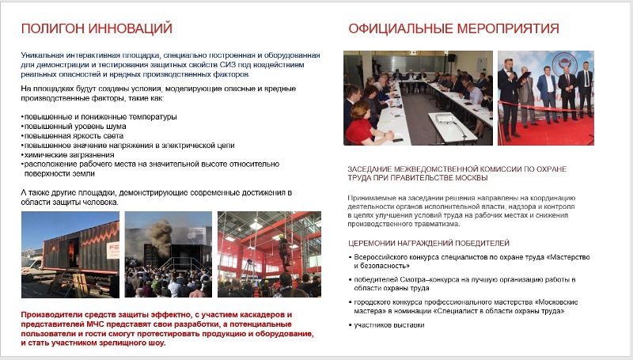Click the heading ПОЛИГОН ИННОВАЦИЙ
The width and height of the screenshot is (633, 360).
pyautogui.click(x=97, y=29)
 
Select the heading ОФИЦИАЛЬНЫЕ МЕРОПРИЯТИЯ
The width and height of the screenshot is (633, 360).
pyautogui.click(x=453, y=29)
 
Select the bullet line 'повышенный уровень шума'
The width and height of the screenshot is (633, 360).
pyautogui.click(x=66, y=127)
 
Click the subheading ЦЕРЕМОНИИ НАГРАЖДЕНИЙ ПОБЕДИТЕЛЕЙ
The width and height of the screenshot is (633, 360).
pyautogui.click(x=428, y=243)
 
